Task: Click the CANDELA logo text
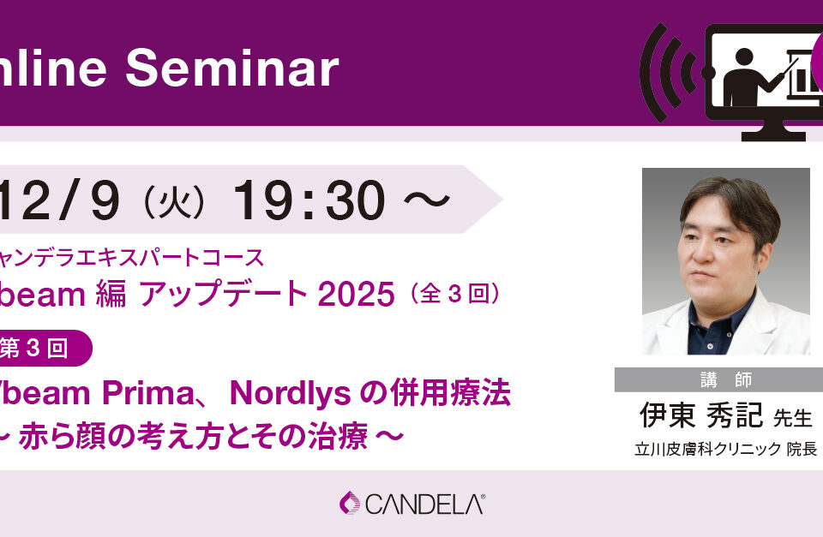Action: [x=424, y=504]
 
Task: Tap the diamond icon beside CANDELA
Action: [x=351, y=503]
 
